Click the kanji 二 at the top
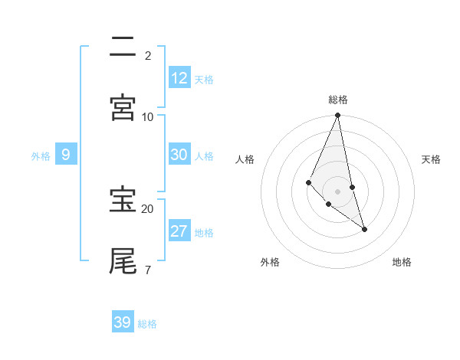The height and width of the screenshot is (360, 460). click(123, 47)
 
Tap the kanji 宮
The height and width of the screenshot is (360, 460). click(123, 107)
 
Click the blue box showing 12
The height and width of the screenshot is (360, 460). click(179, 78)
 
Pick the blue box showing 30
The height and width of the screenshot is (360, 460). click(179, 155)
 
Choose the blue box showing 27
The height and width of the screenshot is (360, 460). click(179, 231)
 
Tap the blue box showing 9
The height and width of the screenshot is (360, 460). click(66, 155)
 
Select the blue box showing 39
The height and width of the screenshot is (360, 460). click(123, 322)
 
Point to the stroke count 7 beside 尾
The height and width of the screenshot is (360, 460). click(147, 270)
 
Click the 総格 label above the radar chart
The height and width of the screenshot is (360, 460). click(338, 100)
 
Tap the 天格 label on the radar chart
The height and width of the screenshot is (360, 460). click(431, 159)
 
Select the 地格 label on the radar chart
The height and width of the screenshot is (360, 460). click(402, 262)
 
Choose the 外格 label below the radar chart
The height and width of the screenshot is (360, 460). click(271, 262)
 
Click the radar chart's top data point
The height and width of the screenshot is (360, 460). click(338, 116)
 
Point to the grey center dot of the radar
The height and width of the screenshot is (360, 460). click(338, 191)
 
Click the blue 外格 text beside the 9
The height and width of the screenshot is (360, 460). click(41, 155)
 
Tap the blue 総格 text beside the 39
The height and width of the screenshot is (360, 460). click(147, 324)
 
